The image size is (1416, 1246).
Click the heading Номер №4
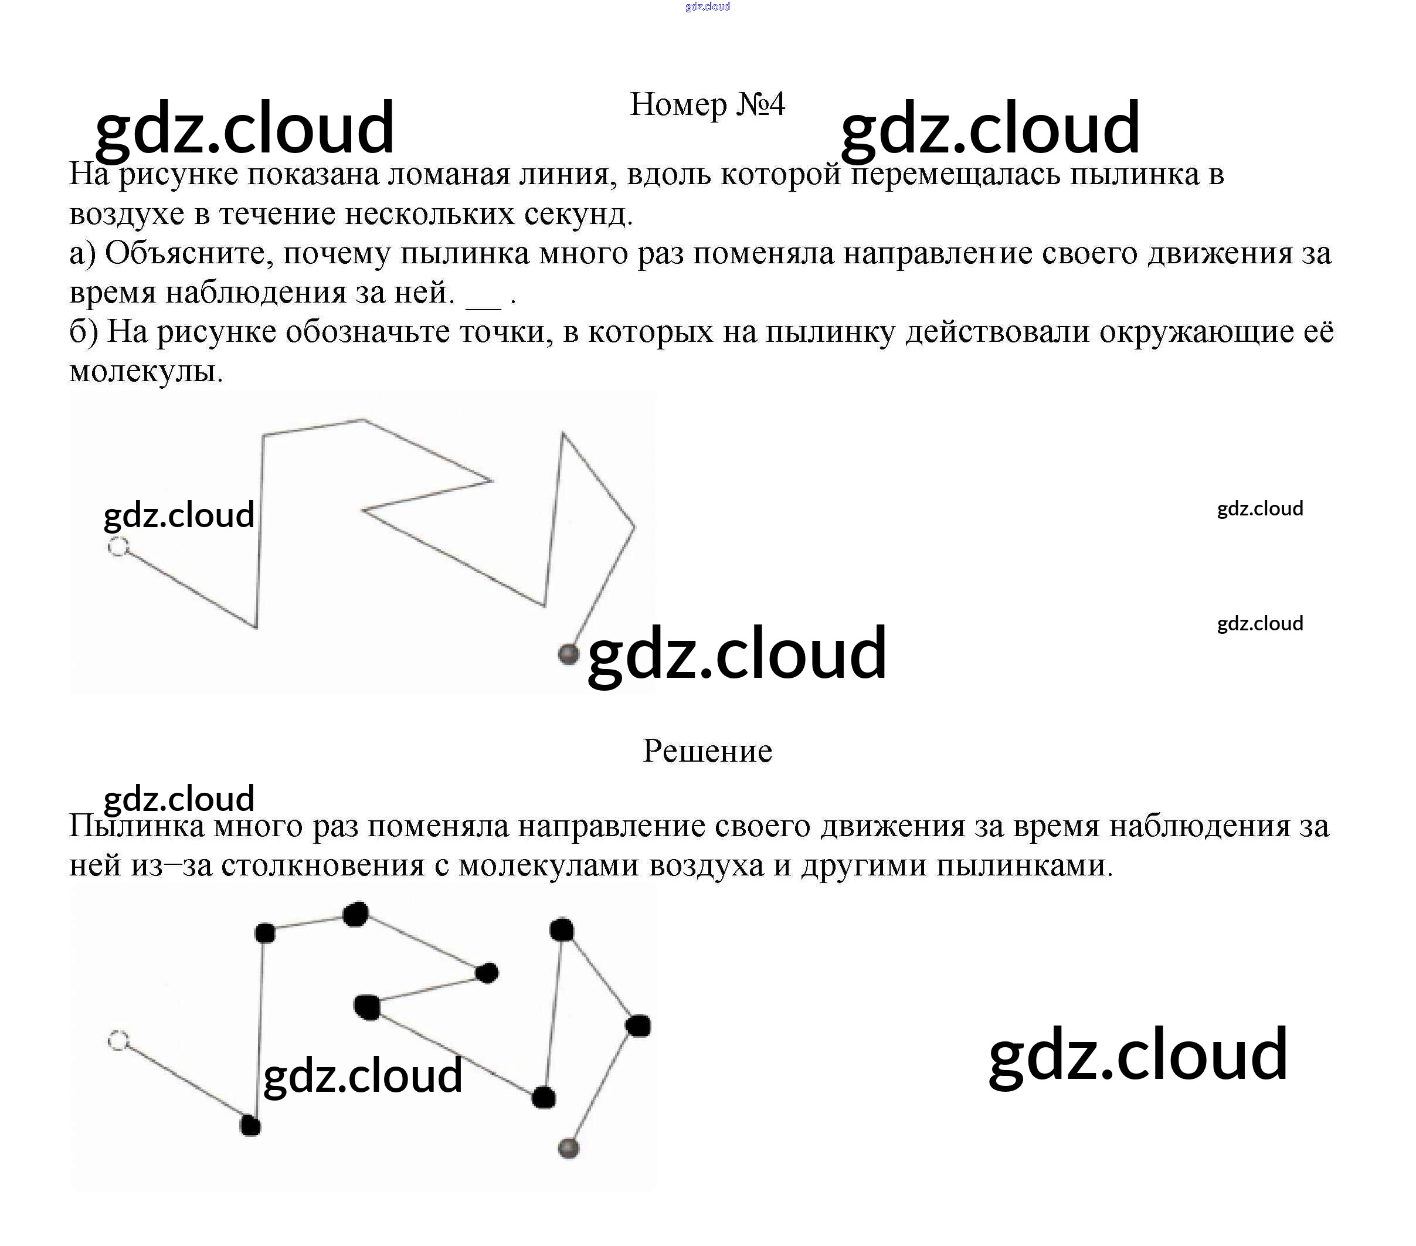[x=707, y=104]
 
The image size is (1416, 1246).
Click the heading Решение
[x=707, y=751]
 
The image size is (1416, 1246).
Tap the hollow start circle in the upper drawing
[x=118, y=547]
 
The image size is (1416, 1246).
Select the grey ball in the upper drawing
[x=568, y=654]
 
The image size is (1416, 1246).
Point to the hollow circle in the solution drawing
[x=118, y=1040]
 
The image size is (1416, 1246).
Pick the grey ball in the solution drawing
[x=568, y=1147]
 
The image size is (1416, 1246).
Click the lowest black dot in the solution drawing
[x=250, y=1125]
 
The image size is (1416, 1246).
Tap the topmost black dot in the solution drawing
[x=356, y=914]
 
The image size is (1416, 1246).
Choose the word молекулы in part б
[x=145, y=372]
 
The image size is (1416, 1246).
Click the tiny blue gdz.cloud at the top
[x=707, y=6]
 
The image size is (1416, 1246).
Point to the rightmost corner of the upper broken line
[x=634, y=527]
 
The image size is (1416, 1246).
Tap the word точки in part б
[x=505, y=332]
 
